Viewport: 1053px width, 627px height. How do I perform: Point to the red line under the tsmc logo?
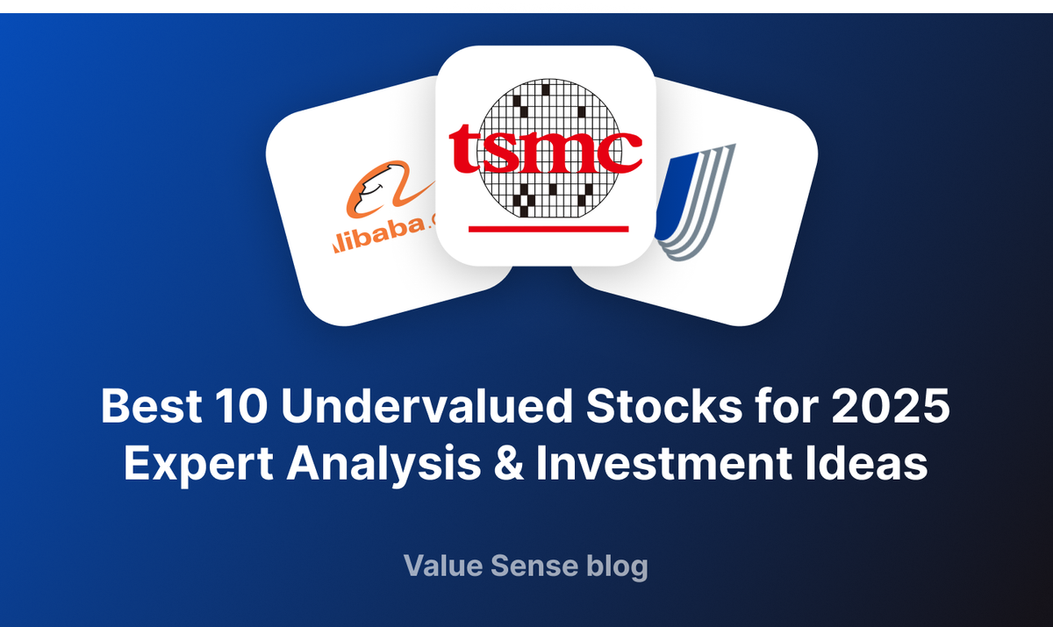548,229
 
